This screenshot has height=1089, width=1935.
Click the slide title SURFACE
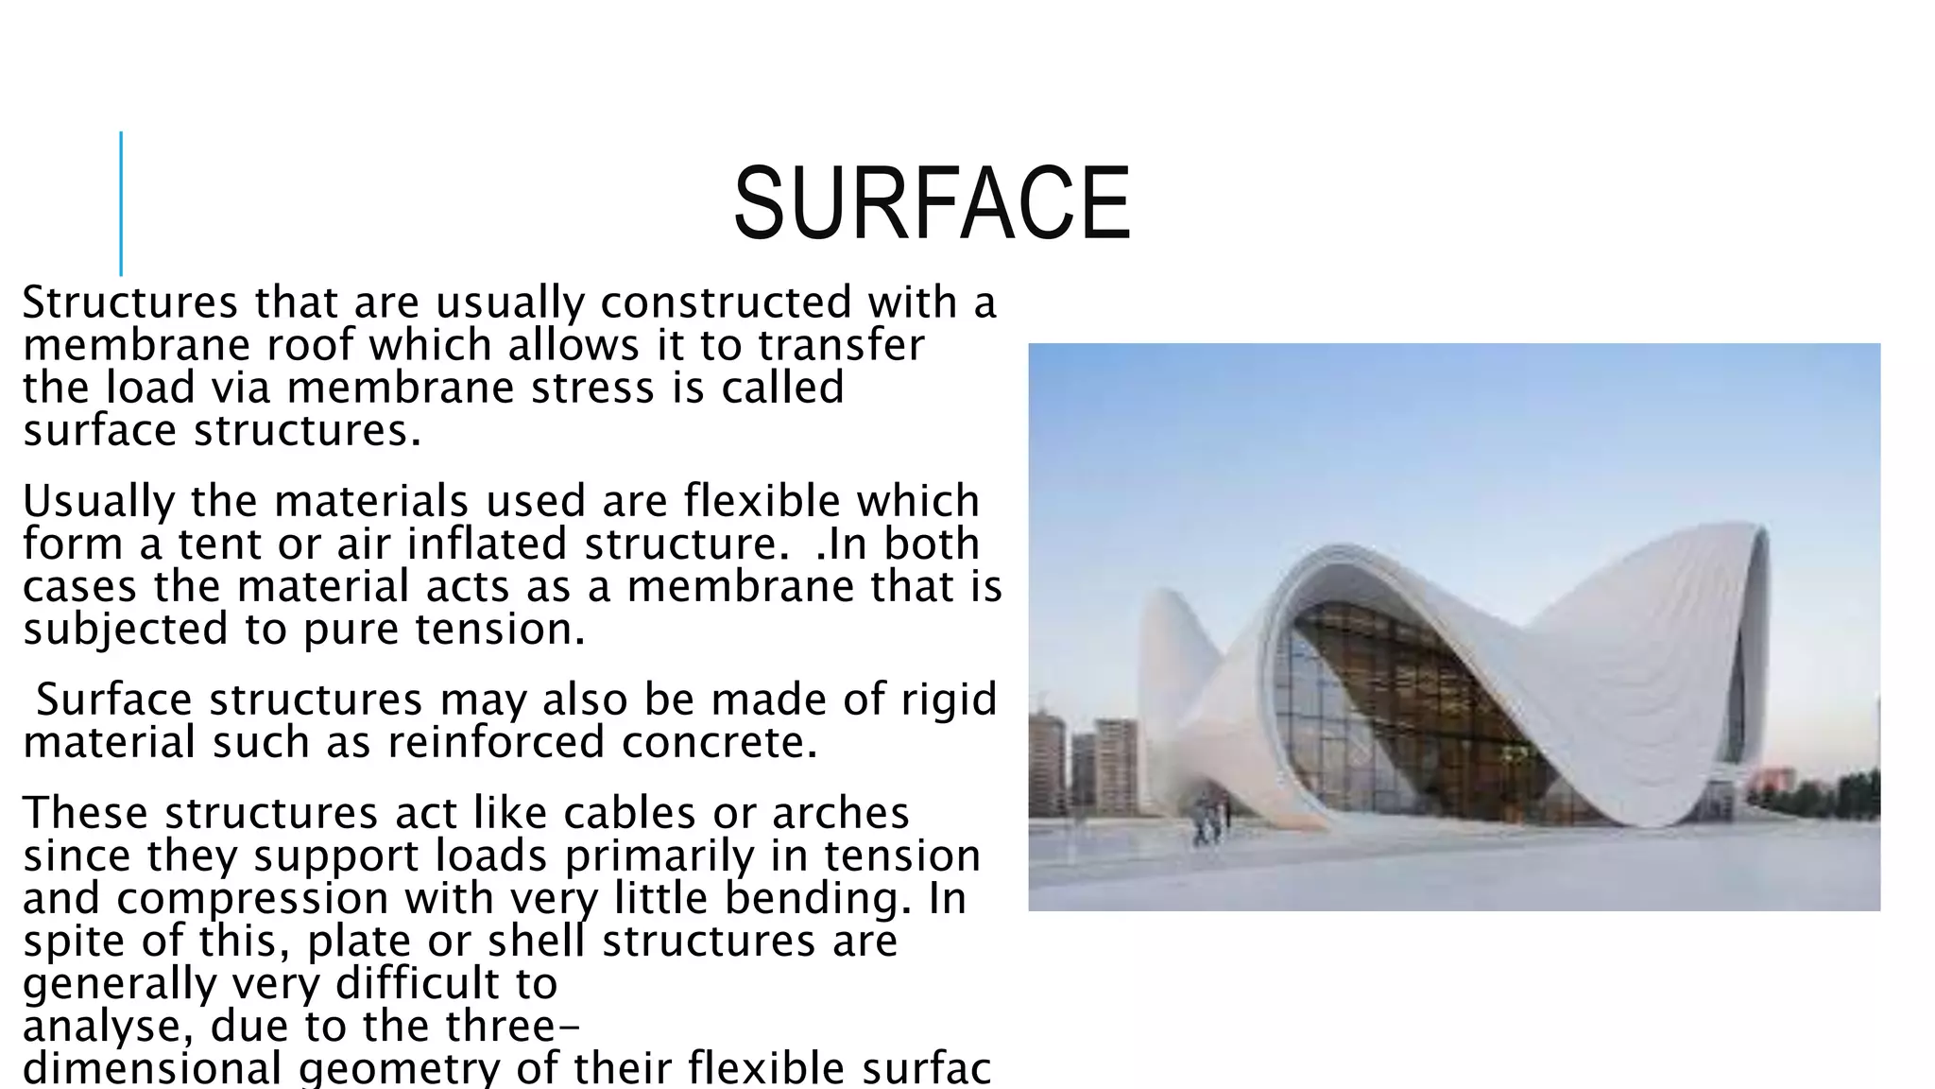tap(932, 203)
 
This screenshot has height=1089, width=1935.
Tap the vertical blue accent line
tap(121, 203)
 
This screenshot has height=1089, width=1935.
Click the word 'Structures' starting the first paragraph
tap(130, 303)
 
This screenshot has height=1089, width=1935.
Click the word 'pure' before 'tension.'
tap(351, 630)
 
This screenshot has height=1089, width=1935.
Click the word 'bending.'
tap(818, 898)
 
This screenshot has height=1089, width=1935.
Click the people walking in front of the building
tap(1210, 821)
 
